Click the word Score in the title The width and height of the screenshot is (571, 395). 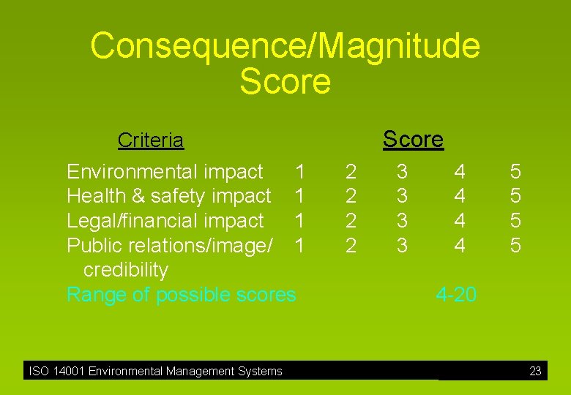coord(285,81)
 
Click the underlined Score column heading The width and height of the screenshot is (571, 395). coord(413,139)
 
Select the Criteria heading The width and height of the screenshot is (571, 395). coord(151,140)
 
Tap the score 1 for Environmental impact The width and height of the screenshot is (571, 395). coord(299,172)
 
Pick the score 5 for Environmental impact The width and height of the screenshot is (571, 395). coord(515,172)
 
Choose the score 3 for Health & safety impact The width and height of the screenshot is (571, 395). coord(402,196)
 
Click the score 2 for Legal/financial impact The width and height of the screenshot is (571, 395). coord(351,221)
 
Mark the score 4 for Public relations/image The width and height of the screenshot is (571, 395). coord(459,246)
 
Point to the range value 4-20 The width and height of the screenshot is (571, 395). coord(455,295)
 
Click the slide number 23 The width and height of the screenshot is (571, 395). coord(535,372)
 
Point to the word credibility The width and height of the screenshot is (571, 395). coord(126,270)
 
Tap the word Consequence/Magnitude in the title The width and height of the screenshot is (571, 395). coord(285,45)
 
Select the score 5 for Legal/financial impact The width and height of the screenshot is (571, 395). coord(515,221)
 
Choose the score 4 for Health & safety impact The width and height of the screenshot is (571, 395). coord(459,196)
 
